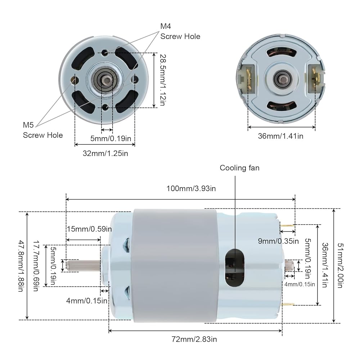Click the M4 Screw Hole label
point(180,31)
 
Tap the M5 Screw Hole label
point(43,130)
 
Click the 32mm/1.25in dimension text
point(105,153)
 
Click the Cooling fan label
point(239,168)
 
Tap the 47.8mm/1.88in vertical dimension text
point(22,266)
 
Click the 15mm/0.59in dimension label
point(89,229)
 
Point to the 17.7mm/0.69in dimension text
point(36,266)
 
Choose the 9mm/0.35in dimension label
point(278,241)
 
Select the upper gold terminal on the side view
point(287,226)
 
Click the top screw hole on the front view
point(104,53)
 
